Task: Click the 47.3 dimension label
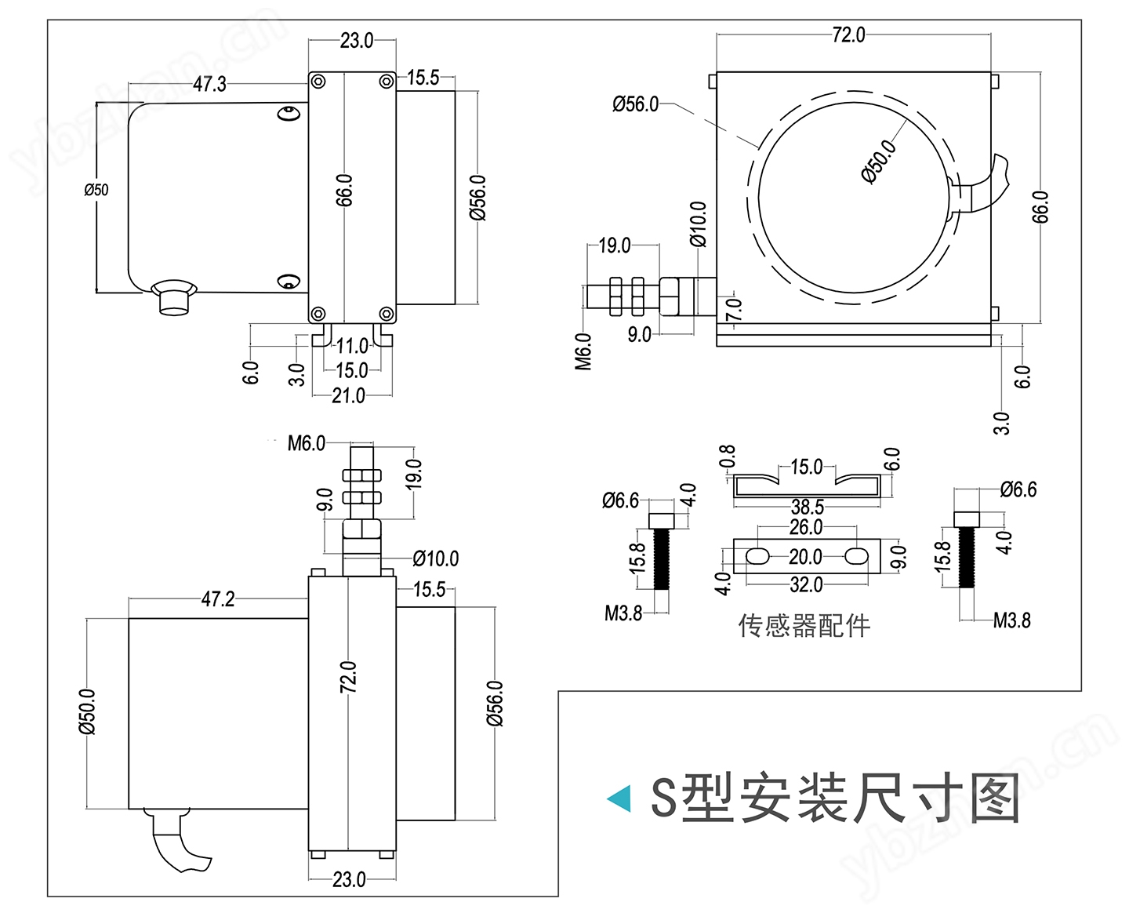pyautogui.click(x=209, y=84)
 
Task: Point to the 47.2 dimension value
pyautogui.click(x=217, y=600)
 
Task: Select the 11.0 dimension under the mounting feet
pyautogui.click(x=352, y=346)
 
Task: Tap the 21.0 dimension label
pyautogui.click(x=348, y=395)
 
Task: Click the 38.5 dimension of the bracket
pyautogui.click(x=807, y=507)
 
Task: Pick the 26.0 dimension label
pyautogui.click(x=805, y=527)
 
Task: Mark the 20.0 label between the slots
pyautogui.click(x=805, y=557)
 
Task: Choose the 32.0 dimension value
pyautogui.click(x=806, y=584)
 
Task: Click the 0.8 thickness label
pyautogui.click(x=728, y=457)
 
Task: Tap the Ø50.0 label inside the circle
pyautogui.click(x=879, y=162)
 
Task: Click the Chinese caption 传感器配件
pyautogui.click(x=804, y=626)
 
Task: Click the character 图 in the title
pyautogui.click(x=995, y=798)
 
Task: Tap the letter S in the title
pyautogui.click(x=663, y=798)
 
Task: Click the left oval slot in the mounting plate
pyautogui.click(x=757, y=557)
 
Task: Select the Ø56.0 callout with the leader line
pyautogui.click(x=635, y=104)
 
